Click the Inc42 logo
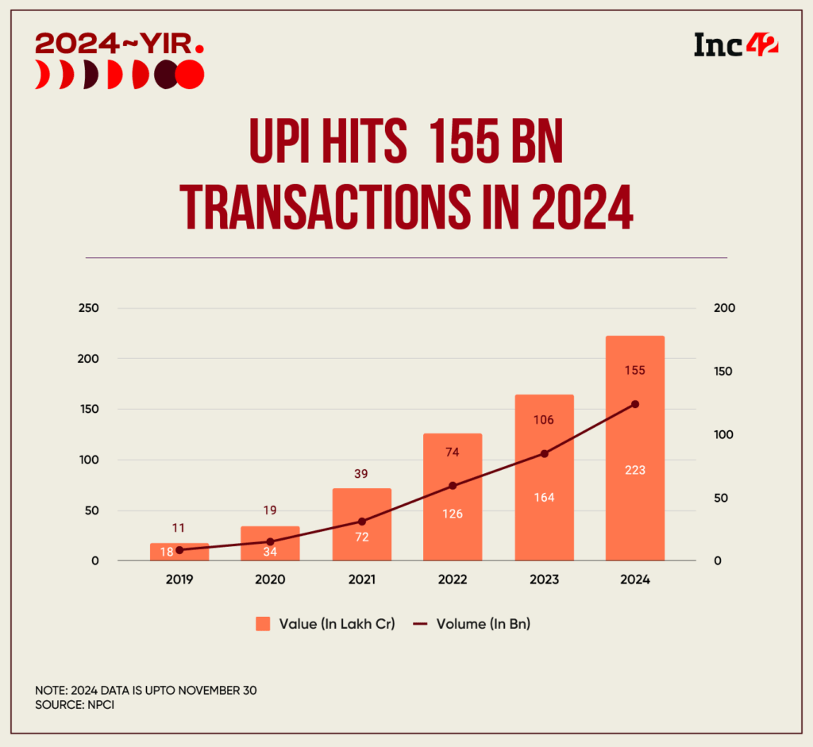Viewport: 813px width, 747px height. (735, 45)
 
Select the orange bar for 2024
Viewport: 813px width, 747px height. (634, 508)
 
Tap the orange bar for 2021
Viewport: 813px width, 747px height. (362, 548)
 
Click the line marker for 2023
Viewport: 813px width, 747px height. (545, 453)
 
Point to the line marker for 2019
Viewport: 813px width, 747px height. (179, 549)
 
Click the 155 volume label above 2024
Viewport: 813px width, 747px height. (634, 370)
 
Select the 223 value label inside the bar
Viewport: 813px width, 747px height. (634, 470)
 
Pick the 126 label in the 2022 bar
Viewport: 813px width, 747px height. (453, 514)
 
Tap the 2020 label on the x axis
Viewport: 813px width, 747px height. (270, 580)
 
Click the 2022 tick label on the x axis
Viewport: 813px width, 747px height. (453, 580)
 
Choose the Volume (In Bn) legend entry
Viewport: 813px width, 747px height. (472, 624)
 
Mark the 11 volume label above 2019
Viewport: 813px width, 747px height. (179, 526)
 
